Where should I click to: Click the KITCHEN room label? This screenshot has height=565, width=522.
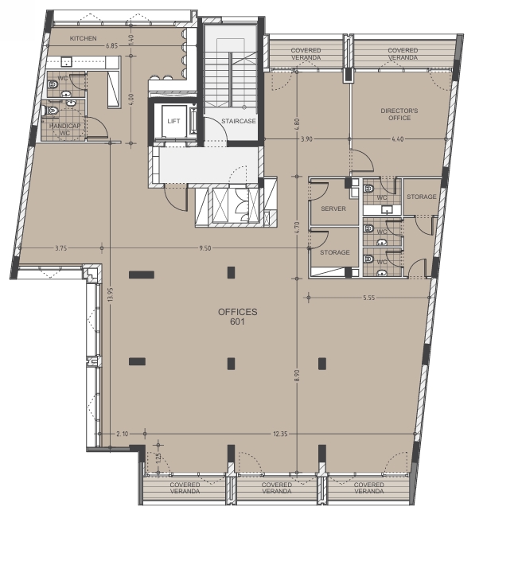pyautogui.click(x=84, y=38)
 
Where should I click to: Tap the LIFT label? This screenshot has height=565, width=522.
pyautogui.click(x=173, y=121)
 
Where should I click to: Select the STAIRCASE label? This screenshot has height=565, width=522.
pyautogui.click(x=239, y=121)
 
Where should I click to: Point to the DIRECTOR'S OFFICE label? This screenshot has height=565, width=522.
pyautogui.click(x=399, y=115)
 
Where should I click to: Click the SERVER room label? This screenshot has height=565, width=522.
pyautogui.click(x=333, y=208)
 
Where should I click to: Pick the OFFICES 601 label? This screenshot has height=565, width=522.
pyautogui.click(x=237, y=317)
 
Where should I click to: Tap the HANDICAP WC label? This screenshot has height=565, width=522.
pyautogui.click(x=64, y=130)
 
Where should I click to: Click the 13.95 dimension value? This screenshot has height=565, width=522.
pyautogui.click(x=111, y=294)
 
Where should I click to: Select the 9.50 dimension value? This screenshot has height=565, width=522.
pyautogui.click(x=205, y=248)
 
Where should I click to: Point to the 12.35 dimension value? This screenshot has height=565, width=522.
pyautogui.click(x=280, y=434)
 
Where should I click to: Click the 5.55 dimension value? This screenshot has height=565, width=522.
pyautogui.click(x=369, y=298)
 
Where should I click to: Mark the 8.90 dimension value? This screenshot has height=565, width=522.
pyautogui.click(x=297, y=376)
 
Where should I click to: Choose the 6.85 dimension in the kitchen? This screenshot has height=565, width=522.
pyautogui.click(x=112, y=46)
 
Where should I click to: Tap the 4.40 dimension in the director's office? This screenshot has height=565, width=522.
pyautogui.click(x=397, y=139)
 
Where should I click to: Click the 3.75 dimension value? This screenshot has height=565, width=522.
pyautogui.click(x=61, y=248)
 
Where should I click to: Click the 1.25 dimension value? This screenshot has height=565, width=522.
pyautogui.click(x=158, y=458)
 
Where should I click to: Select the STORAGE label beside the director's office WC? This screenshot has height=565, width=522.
pyautogui.click(x=422, y=197)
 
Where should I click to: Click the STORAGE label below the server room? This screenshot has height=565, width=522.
pyautogui.click(x=335, y=252)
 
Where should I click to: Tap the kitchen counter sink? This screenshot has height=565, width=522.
pyautogui.click(x=66, y=62)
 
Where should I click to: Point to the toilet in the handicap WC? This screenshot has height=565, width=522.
pyautogui.click(x=53, y=111)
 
